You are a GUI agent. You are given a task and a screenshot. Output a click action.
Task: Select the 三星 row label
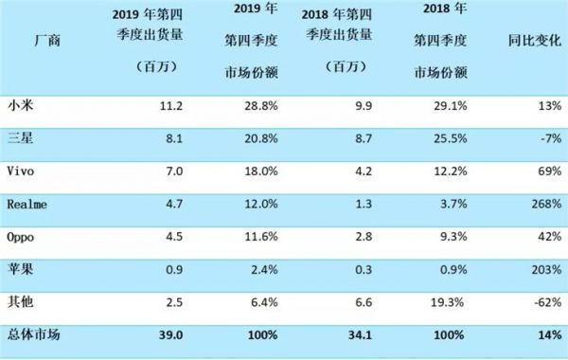pyautogui.click(x=17, y=135)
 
